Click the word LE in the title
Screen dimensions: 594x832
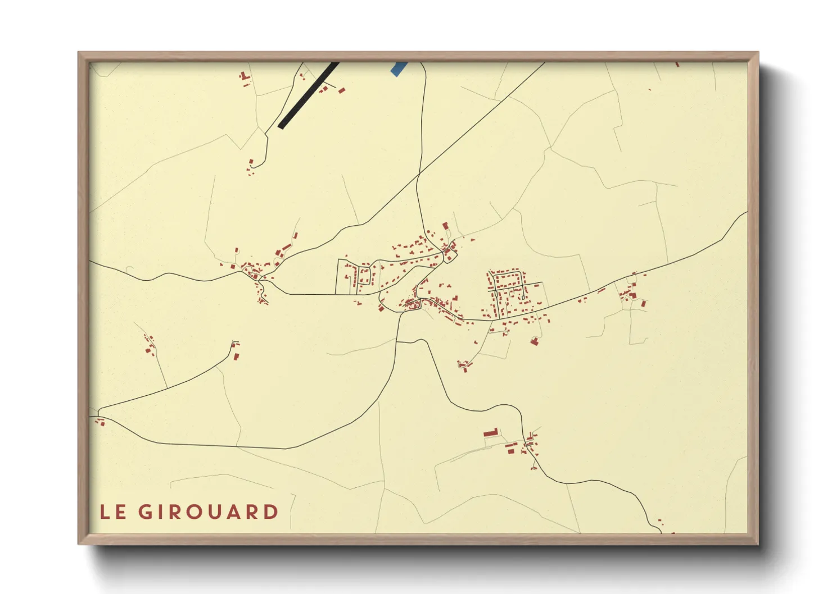[x=112, y=512]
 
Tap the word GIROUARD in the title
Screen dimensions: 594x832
[x=208, y=512]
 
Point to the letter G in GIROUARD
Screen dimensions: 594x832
[x=146, y=512]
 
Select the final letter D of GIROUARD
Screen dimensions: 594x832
[x=272, y=512]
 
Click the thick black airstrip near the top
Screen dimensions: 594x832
[x=308, y=95]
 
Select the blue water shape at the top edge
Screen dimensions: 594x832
[x=398, y=68]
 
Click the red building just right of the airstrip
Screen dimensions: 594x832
[x=341, y=90]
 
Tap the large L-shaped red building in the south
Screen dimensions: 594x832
[x=491, y=432]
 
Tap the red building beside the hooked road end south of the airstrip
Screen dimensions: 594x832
[x=251, y=163]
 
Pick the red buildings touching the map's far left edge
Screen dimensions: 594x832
[x=101, y=422]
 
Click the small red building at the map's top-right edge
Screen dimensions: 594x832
[x=677, y=65]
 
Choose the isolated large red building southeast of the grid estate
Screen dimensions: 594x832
[x=534, y=340]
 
